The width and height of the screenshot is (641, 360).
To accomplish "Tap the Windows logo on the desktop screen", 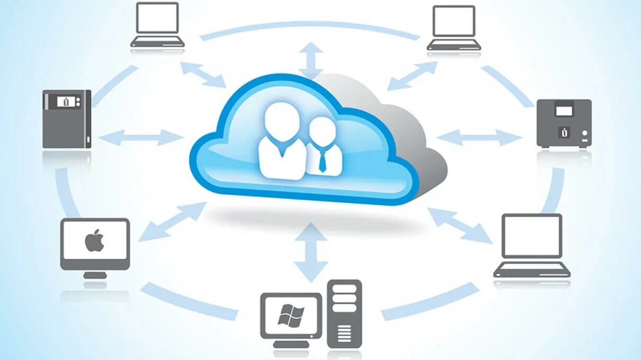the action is click(291, 316).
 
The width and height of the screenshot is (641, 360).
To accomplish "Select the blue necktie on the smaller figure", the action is click(322, 159).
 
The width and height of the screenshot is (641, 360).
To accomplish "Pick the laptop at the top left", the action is click(157, 25).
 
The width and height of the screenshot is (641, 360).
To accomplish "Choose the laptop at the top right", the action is click(453, 28).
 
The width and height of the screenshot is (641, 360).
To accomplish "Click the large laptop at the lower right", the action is click(532, 246).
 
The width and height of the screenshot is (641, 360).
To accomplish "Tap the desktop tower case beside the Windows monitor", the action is click(344, 313).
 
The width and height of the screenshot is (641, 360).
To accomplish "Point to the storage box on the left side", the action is click(67, 119).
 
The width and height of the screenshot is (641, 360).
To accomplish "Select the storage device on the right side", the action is click(564, 123).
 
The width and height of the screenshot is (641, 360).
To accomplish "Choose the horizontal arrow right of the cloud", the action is click(479, 138).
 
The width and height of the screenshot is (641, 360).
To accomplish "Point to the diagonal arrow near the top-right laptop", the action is click(413, 76).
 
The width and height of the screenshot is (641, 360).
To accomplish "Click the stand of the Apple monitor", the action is click(95, 275).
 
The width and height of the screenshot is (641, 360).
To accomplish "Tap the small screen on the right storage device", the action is click(564, 111).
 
